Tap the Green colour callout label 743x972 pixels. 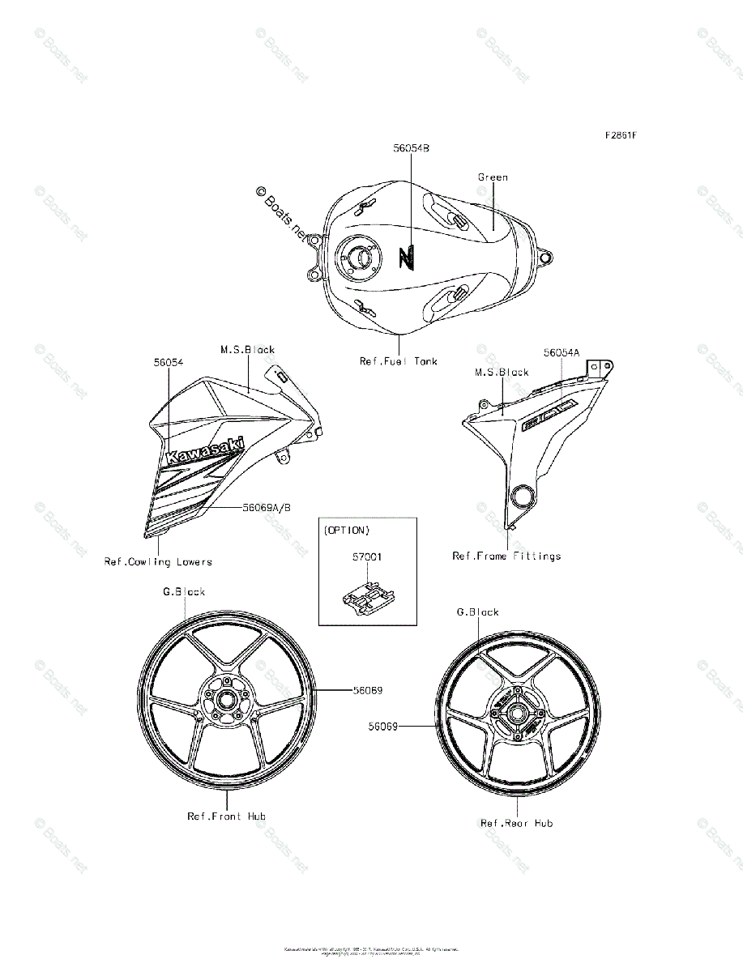click(x=493, y=177)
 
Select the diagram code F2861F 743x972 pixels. click(x=620, y=134)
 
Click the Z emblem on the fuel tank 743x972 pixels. click(x=407, y=258)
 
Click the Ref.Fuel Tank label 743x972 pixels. click(x=399, y=361)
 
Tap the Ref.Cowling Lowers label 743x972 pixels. click(x=158, y=561)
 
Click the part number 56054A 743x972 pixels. click(x=562, y=352)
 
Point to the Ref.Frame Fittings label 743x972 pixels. click(x=506, y=556)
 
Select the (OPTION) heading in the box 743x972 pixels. click(x=347, y=531)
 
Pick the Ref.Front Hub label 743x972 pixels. click(x=226, y=816)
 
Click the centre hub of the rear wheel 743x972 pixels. click(x=516, y=714)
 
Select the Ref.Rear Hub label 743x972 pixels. click(x=517, y=823)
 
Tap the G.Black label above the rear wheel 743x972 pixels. click(x=478, y=612)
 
